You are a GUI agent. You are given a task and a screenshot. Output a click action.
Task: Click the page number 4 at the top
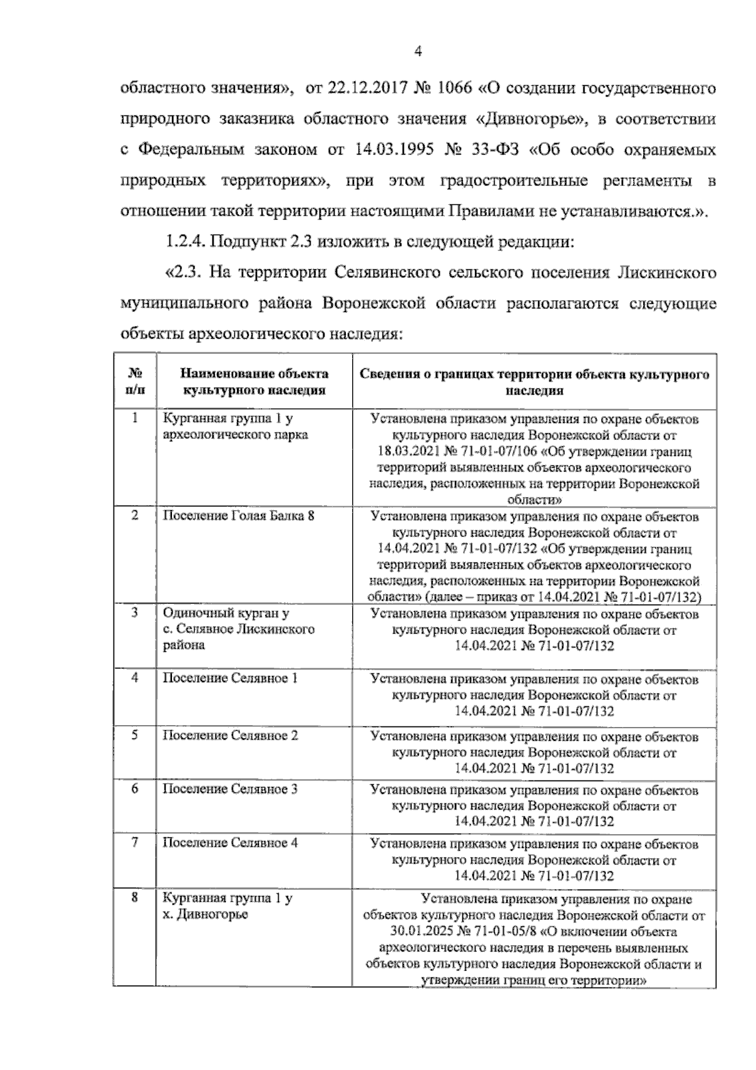417,52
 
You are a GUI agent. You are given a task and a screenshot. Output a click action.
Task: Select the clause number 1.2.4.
185,241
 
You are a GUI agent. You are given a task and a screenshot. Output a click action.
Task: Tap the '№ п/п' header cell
135,381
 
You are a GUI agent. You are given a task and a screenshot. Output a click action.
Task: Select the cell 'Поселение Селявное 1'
230,678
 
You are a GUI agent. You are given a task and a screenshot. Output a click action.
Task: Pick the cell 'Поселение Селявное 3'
230,789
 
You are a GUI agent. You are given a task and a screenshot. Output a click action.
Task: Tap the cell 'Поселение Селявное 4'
230,843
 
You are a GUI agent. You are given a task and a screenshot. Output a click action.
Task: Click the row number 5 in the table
135,735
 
